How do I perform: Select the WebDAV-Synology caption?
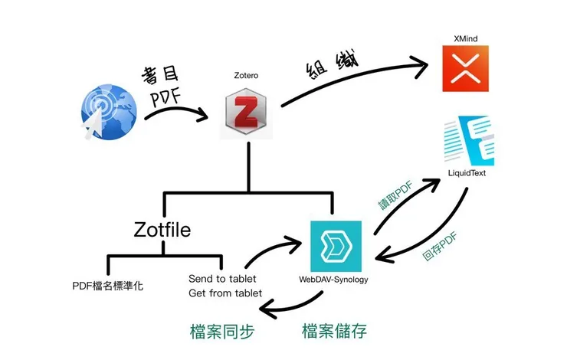(x=334, y=279)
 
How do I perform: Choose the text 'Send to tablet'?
(x=222, y=278)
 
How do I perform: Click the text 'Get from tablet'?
(x=225, y=293)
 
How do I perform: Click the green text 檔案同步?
(x=221, y=331)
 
